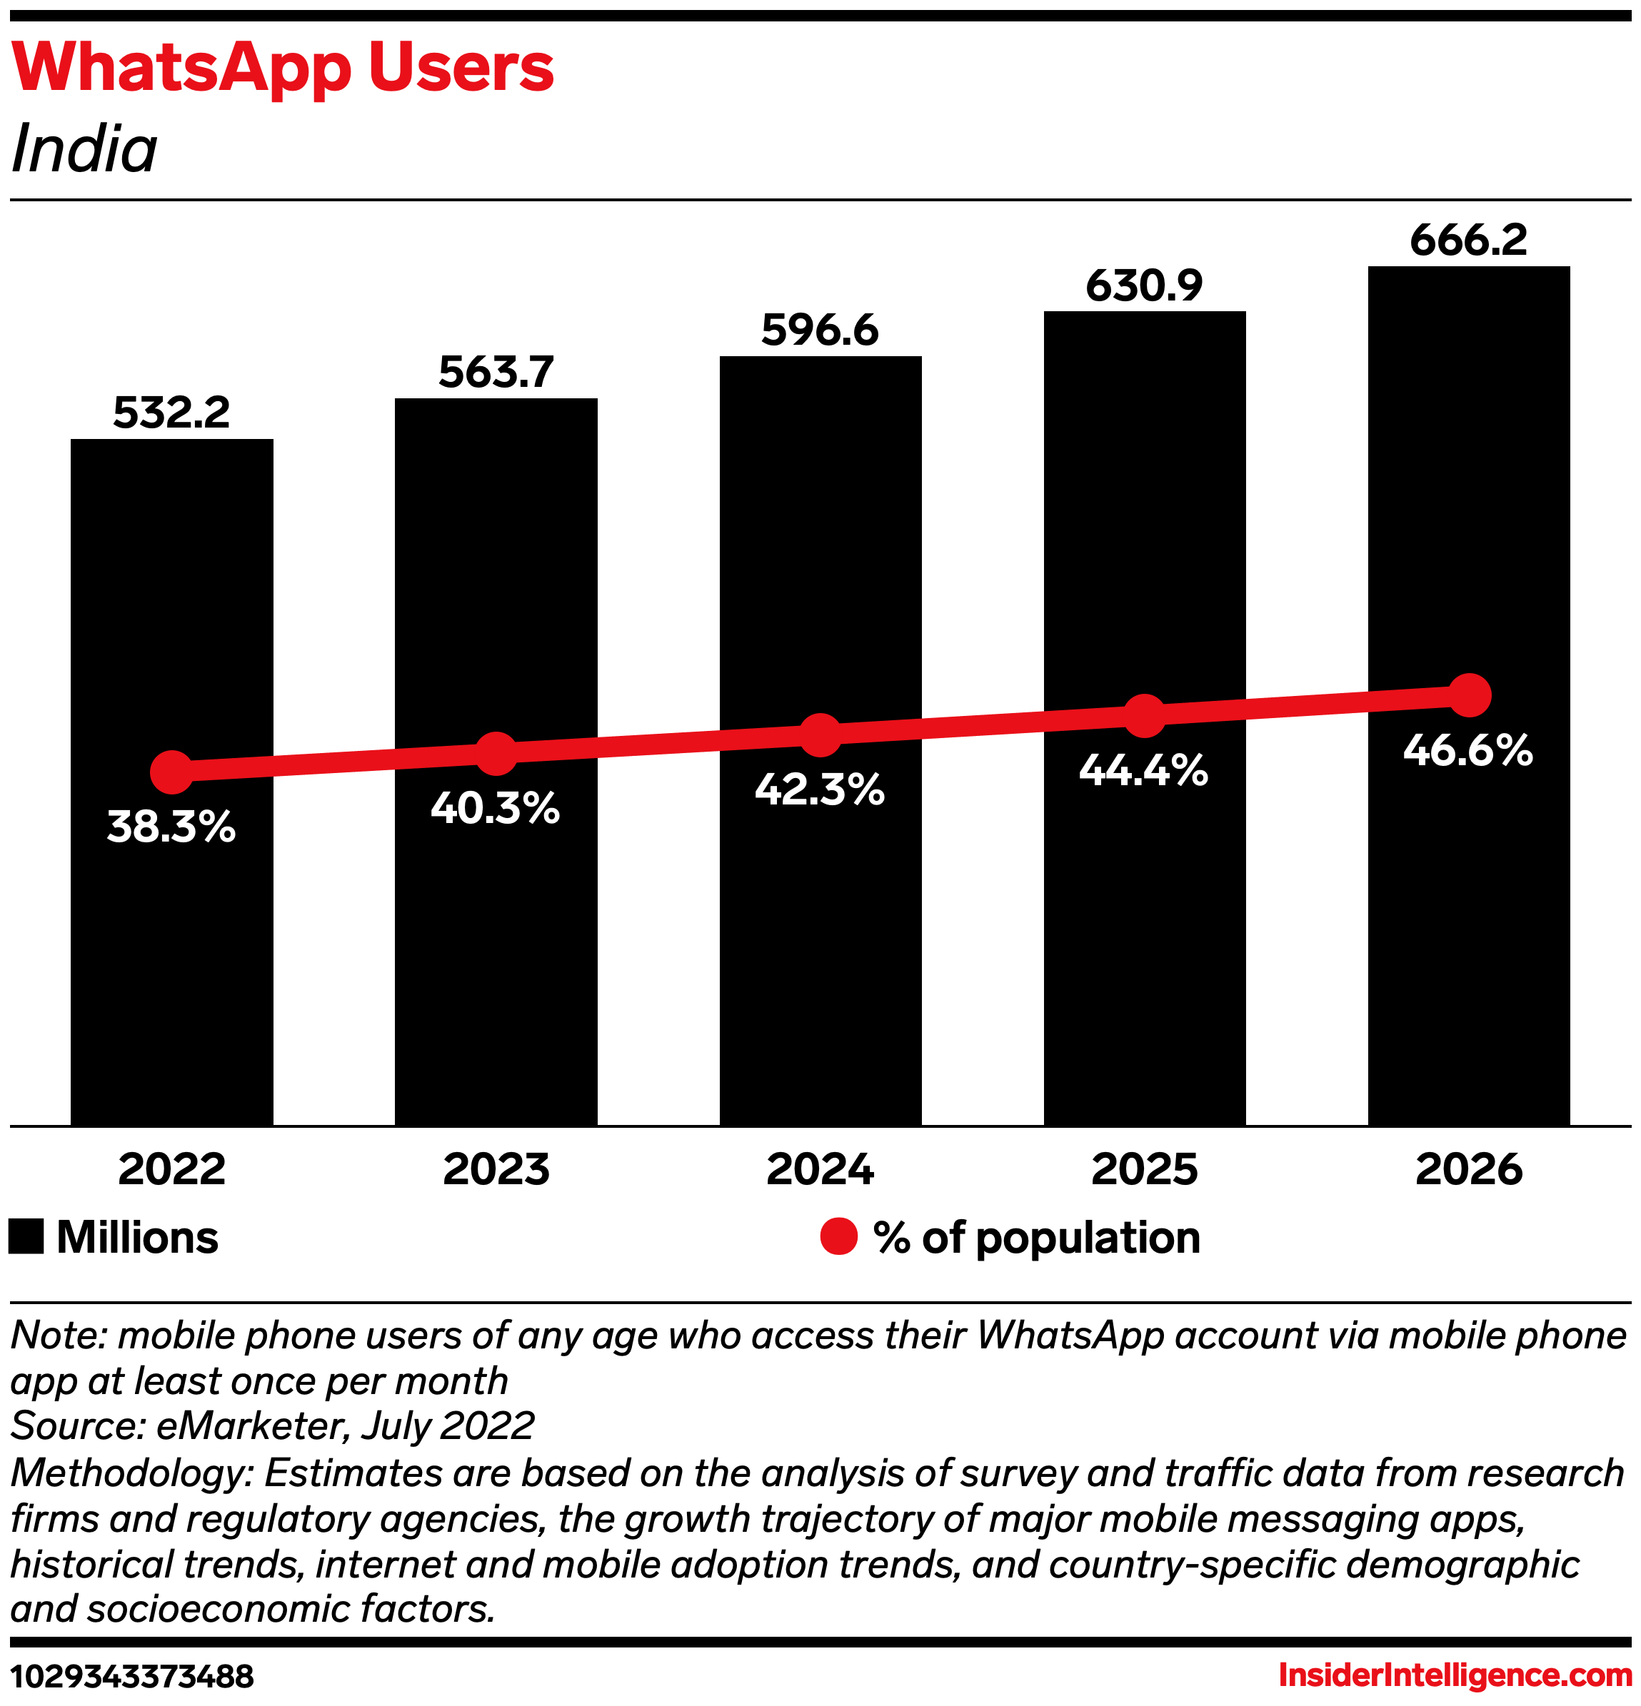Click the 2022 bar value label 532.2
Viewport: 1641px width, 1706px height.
pyautogui.click(x=171, y=413)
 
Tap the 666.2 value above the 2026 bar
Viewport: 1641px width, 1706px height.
pyautogui.click(x=1469, y=241)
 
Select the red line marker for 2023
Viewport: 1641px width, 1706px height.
pyautogui.click(x=496, y=754)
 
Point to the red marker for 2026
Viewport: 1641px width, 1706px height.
pyautogui.click(x=1470, y=695)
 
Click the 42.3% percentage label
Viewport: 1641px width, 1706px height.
pyautogui.click(x=819, y=790)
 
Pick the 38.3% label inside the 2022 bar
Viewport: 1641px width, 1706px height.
pyautogui.click(x=171, y=827)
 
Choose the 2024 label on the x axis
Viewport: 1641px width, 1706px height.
pyautogui.click(x=820, y=1169)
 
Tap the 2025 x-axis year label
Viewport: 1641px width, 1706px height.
pyautogui.click(x=1145, y=1169)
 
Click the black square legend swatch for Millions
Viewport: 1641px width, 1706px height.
pyautogui.click(x=26, y=1237)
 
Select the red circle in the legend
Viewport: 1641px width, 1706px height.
pyautogui.click(x=839, y=1237)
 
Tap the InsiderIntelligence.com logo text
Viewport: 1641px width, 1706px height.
pyautogui.click(x=1455, y=1675)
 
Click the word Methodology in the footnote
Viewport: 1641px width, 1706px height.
pyautogui.click(x=131, y=1473)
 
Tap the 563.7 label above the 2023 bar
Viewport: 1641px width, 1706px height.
pyautogui.click(x=496, y=373)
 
